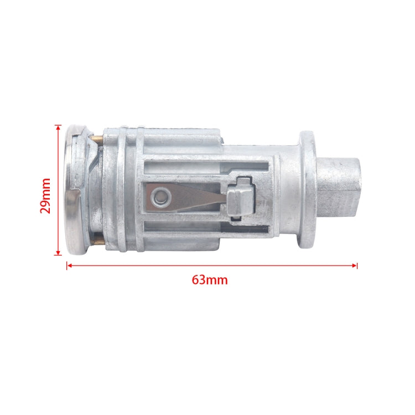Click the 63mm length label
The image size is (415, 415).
pos(210,279)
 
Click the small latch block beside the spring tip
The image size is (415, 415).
pos(240,198)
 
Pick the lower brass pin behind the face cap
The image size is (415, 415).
pos(97,240)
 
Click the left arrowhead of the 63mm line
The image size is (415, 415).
pos(69,266)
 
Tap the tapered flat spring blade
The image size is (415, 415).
pos(194,196)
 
